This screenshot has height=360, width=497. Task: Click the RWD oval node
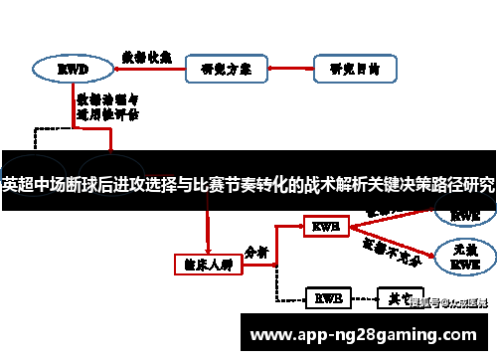(x=72, y=69)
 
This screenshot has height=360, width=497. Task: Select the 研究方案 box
(x=224, y=69)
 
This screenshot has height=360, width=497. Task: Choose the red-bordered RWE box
(x=326, y=227)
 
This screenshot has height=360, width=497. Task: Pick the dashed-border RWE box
(x=326, y=297)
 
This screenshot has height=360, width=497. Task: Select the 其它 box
(x=395, y=297)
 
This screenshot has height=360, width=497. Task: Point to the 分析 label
(x=256, y=253)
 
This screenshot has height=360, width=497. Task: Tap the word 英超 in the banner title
(x=18, y=185)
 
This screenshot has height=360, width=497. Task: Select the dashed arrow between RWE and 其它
(x=361, y=297)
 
